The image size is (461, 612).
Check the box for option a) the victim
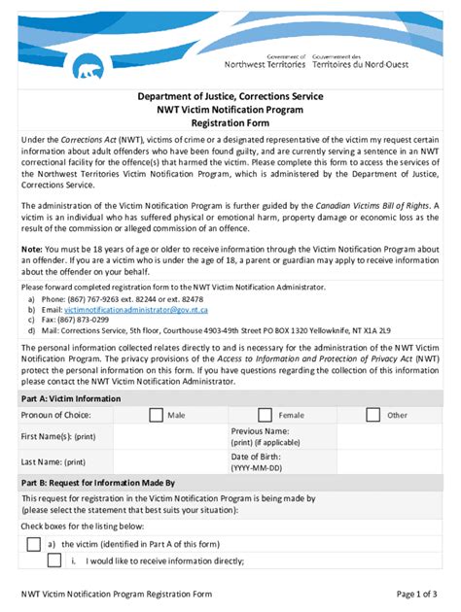(x=34, y=544)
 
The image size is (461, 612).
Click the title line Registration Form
(x=230, y=124)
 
